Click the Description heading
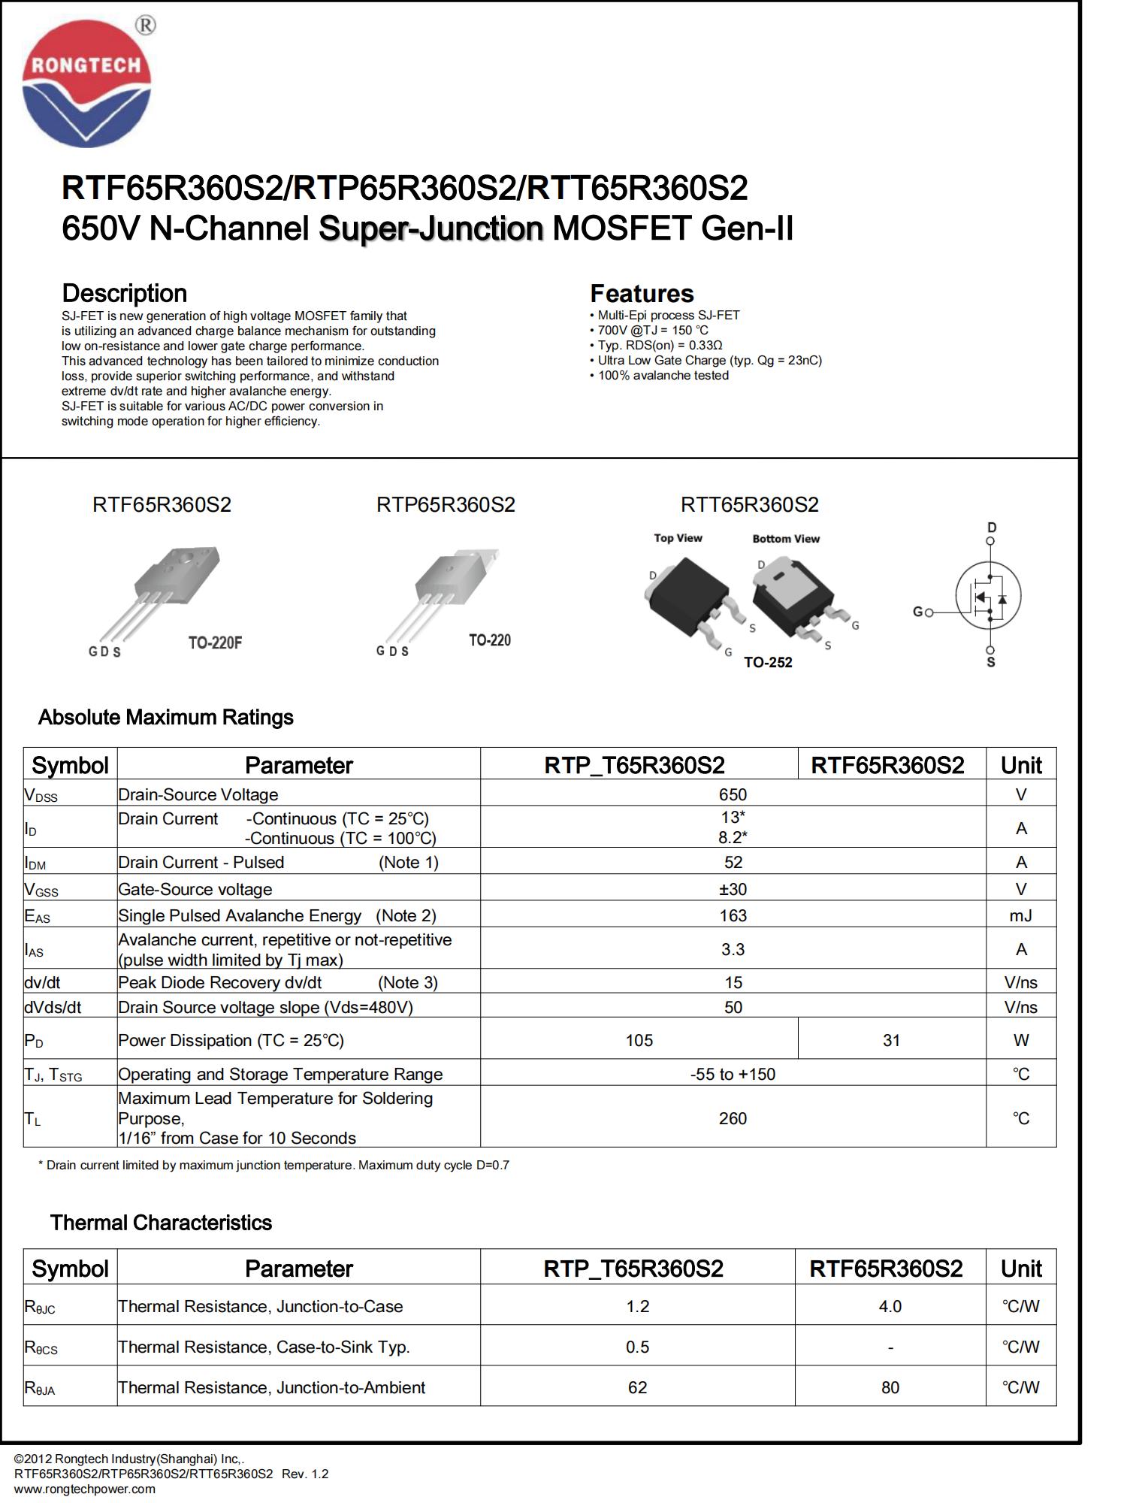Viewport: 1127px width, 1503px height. click(x=124, y=293)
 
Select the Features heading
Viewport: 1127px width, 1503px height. click(x=642, y=293)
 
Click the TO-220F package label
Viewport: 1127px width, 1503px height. click(x=215, y=643)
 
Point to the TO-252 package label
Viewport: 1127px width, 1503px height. click(x=768, y=662)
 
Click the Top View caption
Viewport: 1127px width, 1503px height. click(x=678, y=538)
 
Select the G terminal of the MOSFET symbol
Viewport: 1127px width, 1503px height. click(x=917, y=612)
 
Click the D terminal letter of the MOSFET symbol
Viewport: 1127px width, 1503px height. click(x=992, y=528)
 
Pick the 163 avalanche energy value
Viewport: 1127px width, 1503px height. click(x=733, y=915)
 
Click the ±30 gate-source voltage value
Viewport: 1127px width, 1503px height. click(x=733, y=889)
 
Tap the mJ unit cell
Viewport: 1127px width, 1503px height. click(x=1020, y=915)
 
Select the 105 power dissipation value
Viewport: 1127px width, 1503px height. click(x=639, y=1040)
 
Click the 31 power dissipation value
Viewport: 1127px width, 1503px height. click(x=891, y=1040)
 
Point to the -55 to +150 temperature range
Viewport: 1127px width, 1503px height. click(x=733, y=1074)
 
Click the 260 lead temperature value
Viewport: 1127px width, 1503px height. click(x=733, y=1118)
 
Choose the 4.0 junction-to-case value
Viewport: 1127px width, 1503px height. click(x=890, y=1306)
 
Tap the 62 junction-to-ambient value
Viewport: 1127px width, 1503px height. click(x=637, y=1387)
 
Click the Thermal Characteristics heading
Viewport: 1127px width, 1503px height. click(x=161, y=1223)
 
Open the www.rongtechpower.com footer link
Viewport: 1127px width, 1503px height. click(x=85, y=1489)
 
